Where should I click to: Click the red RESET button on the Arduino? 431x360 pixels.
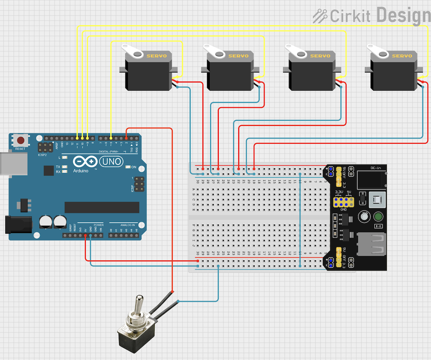point(20,140)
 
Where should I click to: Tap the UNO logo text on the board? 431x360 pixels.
point(111,162)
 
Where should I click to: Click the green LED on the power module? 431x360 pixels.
point(378,217)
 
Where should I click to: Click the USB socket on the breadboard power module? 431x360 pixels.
point(371,244)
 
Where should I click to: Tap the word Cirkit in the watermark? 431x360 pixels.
point(350,16)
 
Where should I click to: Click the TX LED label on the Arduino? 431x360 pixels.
point(58,167)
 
